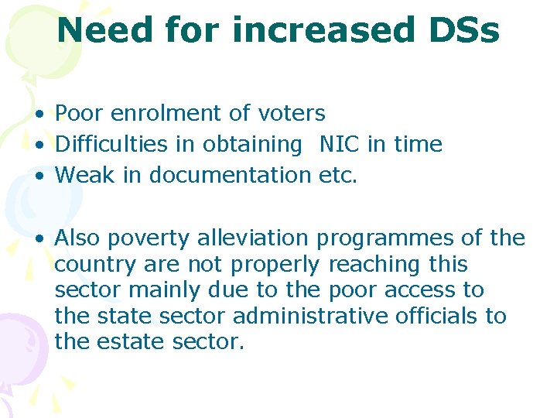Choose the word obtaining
[x=252, y=146]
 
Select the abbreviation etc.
[x=338, y=176]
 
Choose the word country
[x=96, y=265]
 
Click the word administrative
[x=320, y=317]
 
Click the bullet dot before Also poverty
[x=38, y=239]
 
